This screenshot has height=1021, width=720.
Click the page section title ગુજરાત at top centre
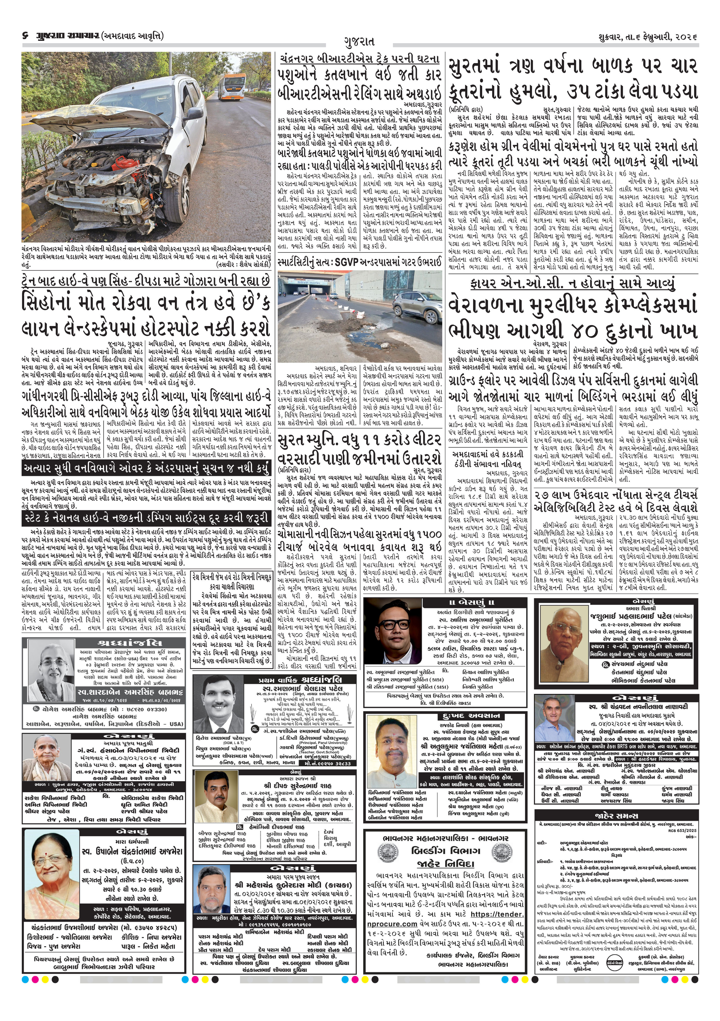click(x=359, y=42)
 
